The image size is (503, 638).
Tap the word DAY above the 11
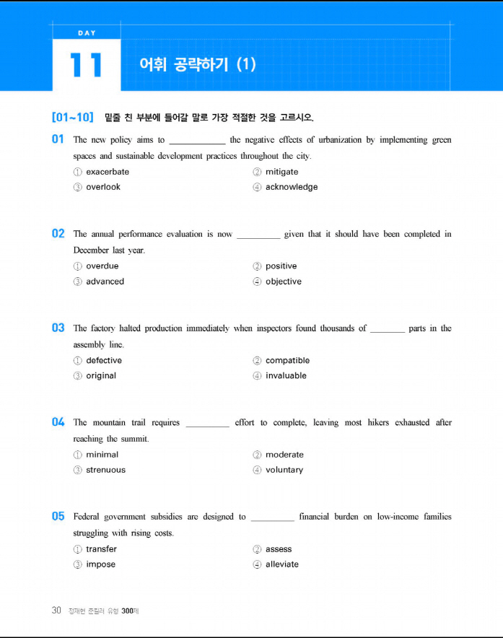pos(86,32)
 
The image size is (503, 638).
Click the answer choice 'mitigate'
pos(281,172)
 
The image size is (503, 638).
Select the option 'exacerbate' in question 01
pos(108,172)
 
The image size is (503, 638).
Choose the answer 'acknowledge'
pos(292,187)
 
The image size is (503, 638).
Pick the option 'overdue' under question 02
pos(102,266)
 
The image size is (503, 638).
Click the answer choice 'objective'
pos(284,281)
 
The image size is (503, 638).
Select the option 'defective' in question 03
pos(104,360)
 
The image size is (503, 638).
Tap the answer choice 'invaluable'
pos(286,375)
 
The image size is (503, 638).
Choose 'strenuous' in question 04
pos(105,470)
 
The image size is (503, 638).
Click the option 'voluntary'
pos(284,470)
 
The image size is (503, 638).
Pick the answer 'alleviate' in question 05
pos(282,564)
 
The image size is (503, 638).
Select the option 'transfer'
pos(101,549)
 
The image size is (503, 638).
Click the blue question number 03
pos(58,328)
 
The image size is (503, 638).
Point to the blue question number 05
pos(58,517)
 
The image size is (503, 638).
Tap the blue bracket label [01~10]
pos(73,117)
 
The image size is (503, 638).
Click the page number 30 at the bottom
pos(56,611)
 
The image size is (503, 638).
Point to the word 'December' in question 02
pos(92,250)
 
